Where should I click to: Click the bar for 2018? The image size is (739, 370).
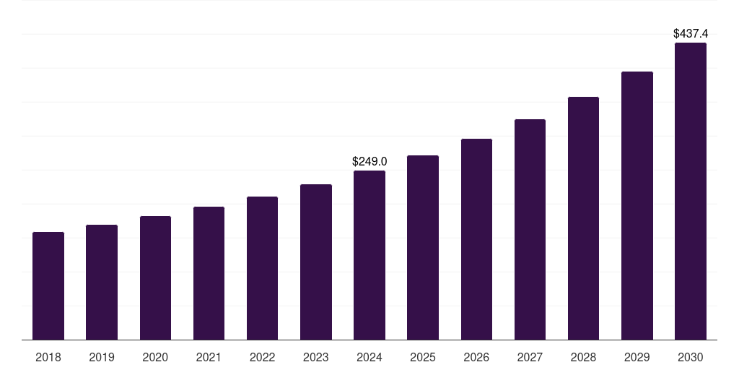coord(48,285)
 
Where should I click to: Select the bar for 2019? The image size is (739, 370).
coord(102,282)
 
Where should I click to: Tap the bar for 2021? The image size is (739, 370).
coord(209,273)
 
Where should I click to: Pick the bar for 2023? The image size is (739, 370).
coord(316,262)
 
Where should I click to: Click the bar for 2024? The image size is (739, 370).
coord(369,255)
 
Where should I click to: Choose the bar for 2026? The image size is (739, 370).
coord(476,239)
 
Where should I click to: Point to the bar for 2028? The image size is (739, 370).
coord(583,218)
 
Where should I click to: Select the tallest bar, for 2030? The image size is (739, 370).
coord(691,192)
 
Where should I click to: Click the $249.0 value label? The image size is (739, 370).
coord(369,161)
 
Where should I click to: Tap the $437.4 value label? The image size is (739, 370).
coord(691,33)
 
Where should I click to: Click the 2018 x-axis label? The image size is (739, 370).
coord(48,357)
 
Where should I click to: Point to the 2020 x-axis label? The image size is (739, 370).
coord(155,357)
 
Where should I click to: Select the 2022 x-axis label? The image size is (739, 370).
coord(262,357)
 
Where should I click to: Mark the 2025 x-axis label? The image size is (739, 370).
coord(423,357)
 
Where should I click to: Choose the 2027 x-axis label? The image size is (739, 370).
coord(530,357)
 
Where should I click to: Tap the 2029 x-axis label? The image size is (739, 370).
coord(637,357)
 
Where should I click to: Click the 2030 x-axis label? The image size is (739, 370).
coord(691,357)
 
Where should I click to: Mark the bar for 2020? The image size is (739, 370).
coord(155,277)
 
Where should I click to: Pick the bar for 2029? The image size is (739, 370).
coord(637,206)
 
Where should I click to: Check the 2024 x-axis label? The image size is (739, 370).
coord(369,357)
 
